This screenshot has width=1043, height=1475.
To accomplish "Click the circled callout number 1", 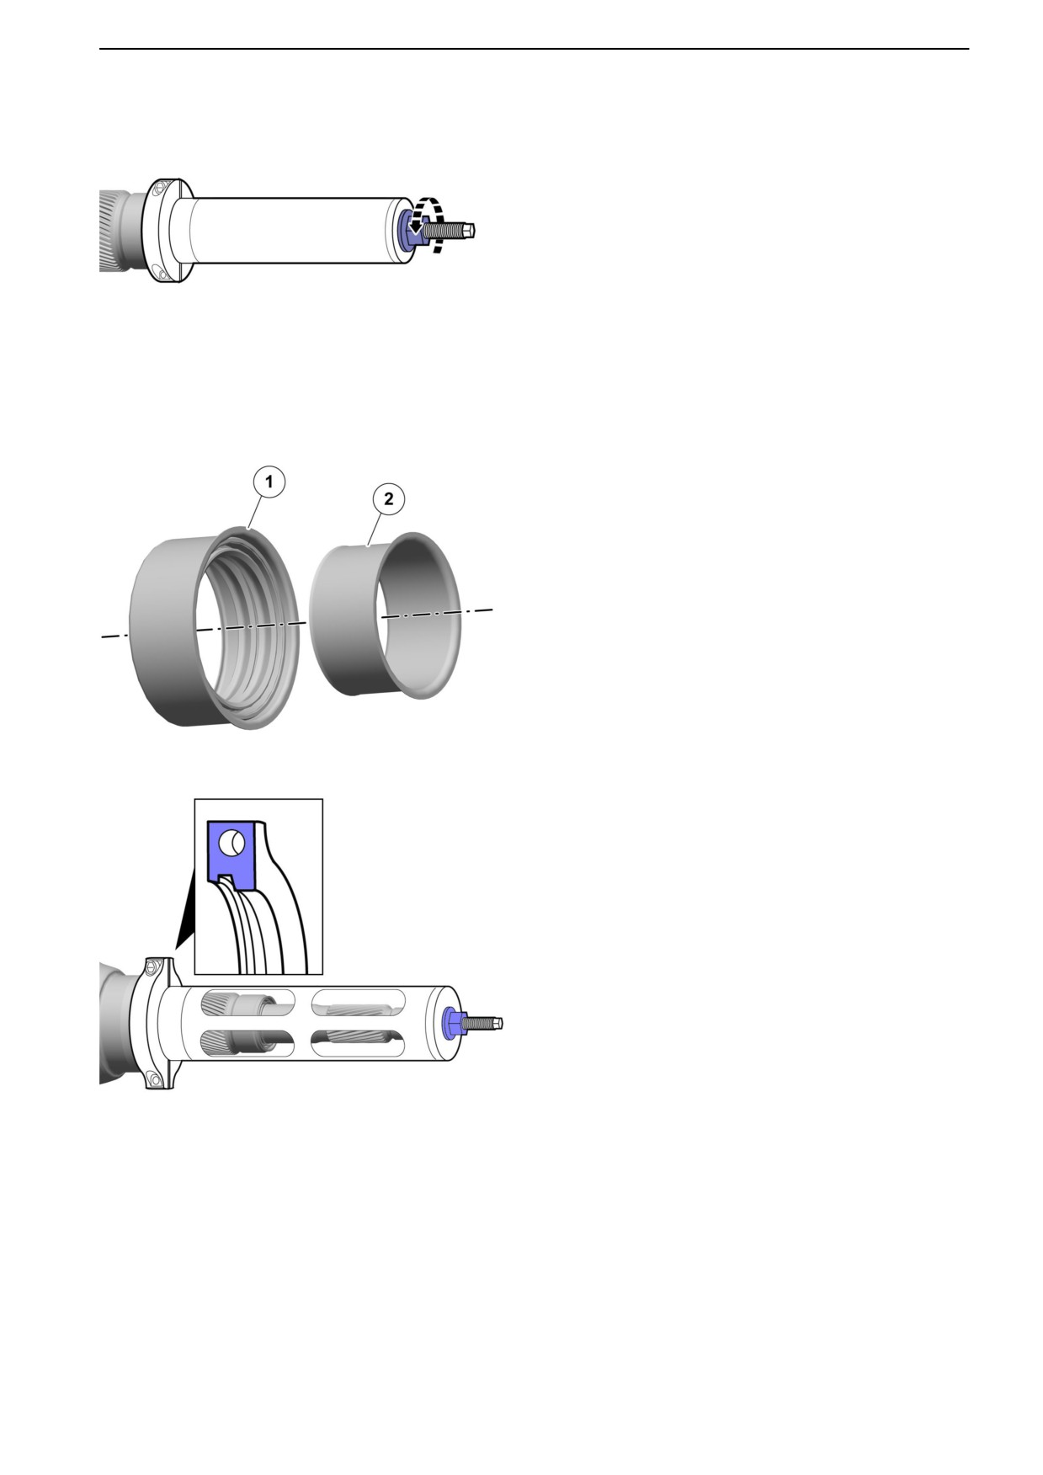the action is (x=269, y=482).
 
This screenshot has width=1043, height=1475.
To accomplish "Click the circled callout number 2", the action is (x=388, y=499).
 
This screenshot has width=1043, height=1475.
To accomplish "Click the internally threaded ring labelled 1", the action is (x=215, y=628).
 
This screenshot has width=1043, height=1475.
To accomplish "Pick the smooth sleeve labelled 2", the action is (x=386, y=615).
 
